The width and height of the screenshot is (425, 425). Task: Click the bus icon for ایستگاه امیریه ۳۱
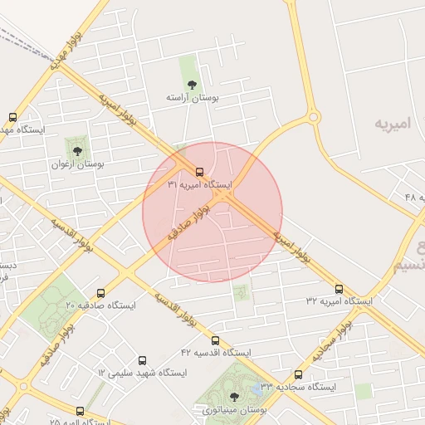(190, 172)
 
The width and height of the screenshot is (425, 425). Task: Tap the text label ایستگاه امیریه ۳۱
(201, 183)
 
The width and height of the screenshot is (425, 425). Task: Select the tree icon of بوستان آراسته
(193, 84)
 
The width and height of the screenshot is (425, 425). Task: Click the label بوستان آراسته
(193, 97)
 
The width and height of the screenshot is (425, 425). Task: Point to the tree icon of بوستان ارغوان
(77, 151)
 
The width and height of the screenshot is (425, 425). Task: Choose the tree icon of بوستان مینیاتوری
(233, 396)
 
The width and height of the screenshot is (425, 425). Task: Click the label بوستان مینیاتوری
(232, 409)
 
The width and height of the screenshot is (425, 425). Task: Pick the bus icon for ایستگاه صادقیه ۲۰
(101, 293)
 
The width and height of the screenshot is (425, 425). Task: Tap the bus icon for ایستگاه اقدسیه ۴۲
(215, 340)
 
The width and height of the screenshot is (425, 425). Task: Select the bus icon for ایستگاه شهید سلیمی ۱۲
(143, 361)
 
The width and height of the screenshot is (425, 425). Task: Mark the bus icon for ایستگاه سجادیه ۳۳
(298, 374)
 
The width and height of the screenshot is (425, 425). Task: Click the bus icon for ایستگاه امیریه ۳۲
(339, 288)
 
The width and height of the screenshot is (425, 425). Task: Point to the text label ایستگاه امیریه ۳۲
(339, 300)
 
